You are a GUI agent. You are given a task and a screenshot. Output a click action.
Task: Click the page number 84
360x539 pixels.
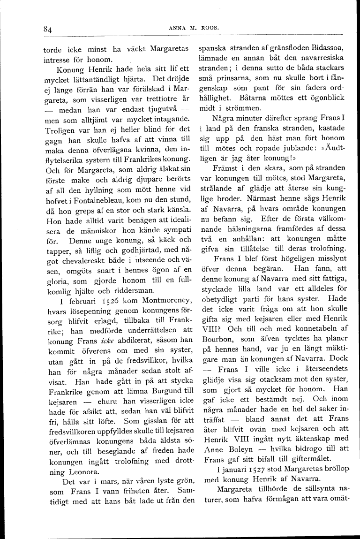click(x=47, y=29)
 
